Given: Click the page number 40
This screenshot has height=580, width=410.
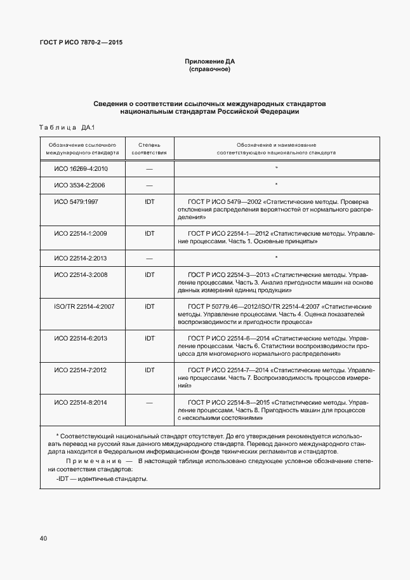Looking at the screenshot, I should pos(43,538).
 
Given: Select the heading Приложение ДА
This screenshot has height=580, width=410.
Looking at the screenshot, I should pos(209,61).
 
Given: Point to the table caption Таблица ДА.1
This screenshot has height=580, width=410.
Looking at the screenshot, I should pos(66,127).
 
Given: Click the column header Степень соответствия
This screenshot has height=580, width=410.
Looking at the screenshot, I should pos(149,149).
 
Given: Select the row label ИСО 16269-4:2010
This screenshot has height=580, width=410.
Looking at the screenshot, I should pos(81,169).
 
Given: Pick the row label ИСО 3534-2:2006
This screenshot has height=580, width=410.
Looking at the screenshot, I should pos(79,185).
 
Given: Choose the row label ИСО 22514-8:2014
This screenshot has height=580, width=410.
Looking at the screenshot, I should pos(81,402).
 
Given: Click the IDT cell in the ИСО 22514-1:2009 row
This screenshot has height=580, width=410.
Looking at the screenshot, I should pos(149,234).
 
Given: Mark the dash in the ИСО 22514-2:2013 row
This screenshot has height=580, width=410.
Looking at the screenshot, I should pos(149,258).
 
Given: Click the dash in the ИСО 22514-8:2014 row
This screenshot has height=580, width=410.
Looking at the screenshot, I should pos(149,402).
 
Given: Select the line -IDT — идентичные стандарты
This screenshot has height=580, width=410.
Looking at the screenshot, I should pos(102,478).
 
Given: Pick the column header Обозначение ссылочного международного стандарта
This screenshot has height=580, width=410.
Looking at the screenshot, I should pos(82,149).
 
